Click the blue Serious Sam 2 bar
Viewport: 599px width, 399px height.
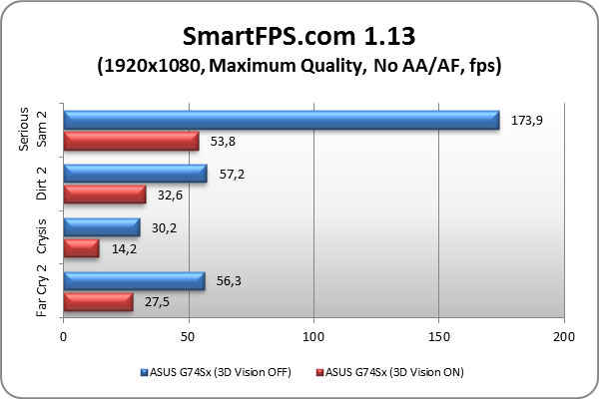pyautogui.click(x=281, y=120)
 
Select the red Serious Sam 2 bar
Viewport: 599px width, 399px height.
pyautogui.click(x=131, y=142)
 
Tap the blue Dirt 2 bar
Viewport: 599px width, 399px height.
pyautogui.click(x=135, y=174)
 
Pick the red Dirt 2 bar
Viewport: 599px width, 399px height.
pyautogui.click(x=104, y=195)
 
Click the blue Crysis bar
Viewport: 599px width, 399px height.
pyautogui.click(x=101, y=227)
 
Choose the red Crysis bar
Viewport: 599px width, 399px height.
pyautogui.click(x=81, y=248)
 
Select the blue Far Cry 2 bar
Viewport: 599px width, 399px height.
pyautogui.click(x=134, y=280)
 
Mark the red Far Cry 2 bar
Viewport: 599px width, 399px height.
pyautogui.click(x=98, y=301)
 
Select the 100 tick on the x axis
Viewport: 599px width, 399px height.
pyautogui.click(x=313, y=337)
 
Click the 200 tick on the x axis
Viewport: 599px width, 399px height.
pyautogui.click(x=564, y=337)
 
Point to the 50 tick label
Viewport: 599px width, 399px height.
pyautogui.click(x=189, y=337)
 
